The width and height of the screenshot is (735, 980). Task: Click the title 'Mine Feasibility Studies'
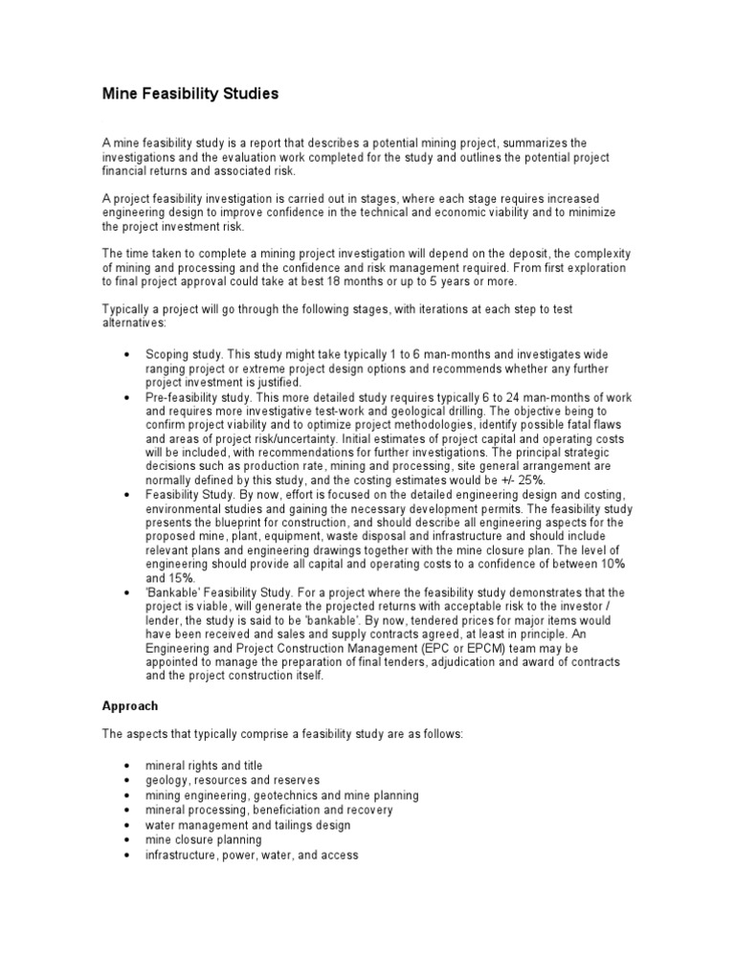coord(190,94)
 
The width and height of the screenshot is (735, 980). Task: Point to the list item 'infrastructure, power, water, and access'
coord(252,855)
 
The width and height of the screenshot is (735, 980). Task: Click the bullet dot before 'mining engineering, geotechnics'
coord(127,796)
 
